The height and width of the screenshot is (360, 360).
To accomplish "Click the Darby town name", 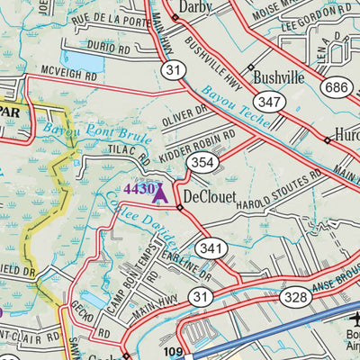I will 213,6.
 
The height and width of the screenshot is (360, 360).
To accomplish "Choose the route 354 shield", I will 202,162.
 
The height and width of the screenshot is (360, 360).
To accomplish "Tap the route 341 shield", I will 211,247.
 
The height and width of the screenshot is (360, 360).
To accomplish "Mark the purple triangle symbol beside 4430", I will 161,191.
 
